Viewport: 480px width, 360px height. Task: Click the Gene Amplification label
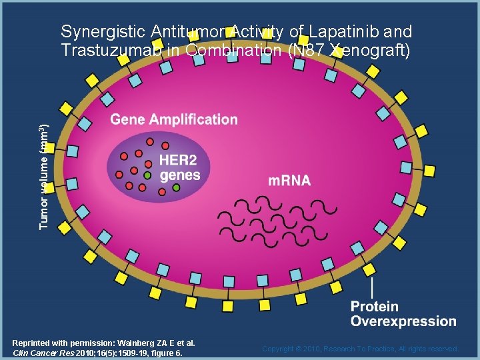pyautogui.click(x=173, y=120)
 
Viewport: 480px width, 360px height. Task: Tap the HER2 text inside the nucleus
pyautogui.click(x=178, y=161)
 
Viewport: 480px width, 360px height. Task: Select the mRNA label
pyautogui.click(x=289, y=181)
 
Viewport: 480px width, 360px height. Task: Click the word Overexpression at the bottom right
pyautogui.click(x=403, y=321)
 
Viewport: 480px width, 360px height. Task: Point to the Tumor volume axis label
pyautogui.click(x=43, y=177)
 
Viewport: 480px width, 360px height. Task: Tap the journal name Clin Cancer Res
pyautogui.click(x=43, y=353)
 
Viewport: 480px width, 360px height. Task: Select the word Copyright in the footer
pyautogui.click(x=280, y=349)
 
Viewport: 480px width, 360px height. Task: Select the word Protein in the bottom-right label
pyautogui.click(x=375, y=307)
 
